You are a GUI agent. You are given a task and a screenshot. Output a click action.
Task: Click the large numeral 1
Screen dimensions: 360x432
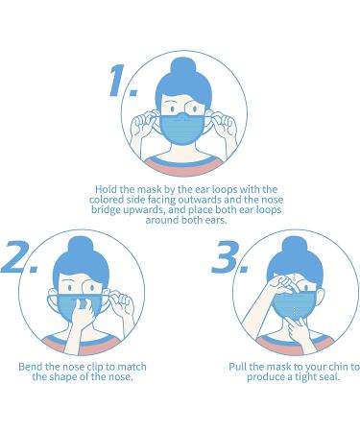coord(119,80)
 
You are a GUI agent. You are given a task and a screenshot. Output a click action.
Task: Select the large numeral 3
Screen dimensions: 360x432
coord(227,256)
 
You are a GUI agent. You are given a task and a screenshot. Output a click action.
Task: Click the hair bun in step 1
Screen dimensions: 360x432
coord(182,68)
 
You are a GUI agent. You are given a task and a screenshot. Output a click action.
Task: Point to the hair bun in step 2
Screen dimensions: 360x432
coord(81,247)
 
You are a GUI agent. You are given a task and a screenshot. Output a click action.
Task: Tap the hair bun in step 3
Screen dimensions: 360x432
coord(295,247)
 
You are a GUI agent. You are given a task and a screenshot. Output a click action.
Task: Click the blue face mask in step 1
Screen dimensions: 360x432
coord(182,129)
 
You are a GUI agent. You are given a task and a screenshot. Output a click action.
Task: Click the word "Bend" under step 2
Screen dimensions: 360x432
coord(29,367)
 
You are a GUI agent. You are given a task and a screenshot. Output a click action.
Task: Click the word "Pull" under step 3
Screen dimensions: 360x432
coord(237,367)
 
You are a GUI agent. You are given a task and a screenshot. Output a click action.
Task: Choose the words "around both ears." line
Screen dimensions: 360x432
coord(186,220)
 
